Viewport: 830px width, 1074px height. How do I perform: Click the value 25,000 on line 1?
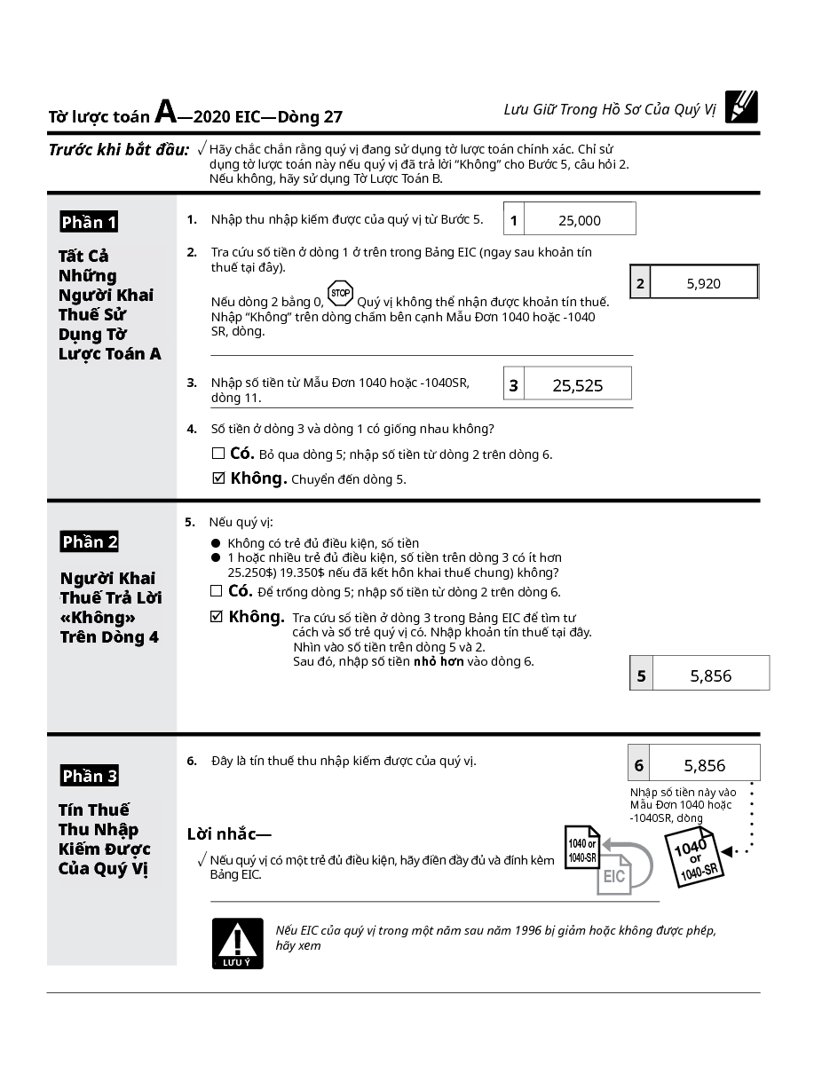click(x=580, y=220)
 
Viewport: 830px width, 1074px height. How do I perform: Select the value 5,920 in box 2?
click(x=703, y=284)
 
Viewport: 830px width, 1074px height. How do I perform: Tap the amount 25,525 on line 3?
click(x=577, y=385)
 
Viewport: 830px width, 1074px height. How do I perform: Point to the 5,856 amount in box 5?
click(x=710, y=675)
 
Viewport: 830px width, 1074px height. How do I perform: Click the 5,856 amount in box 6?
click(x=704, y=765)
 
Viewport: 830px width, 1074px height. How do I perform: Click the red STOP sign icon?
click(x=340, y=294)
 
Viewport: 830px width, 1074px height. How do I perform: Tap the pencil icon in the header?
click(x=741, y=107)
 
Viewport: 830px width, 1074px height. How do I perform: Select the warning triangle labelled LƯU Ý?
click(x=237, y=942)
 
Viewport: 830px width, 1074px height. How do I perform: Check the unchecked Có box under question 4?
click(x=218, y=454)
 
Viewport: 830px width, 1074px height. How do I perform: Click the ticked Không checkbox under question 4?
click(x=219, y=478)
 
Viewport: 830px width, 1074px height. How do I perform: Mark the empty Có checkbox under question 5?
click(x=217, y=591)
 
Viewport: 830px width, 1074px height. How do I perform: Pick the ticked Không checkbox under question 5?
click(x=217, y=617)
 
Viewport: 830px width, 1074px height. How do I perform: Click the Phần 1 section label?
click(x=89, y=222)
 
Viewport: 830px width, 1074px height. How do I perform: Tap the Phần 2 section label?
click(x=89, y=541)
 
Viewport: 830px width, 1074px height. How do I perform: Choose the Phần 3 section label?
click(x=89, y=776)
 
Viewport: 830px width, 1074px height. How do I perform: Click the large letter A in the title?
click(x=166, y=112)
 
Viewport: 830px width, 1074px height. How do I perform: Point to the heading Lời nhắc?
click(x=229, y=833)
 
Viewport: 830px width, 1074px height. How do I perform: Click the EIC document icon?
click(x=613, y=873)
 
